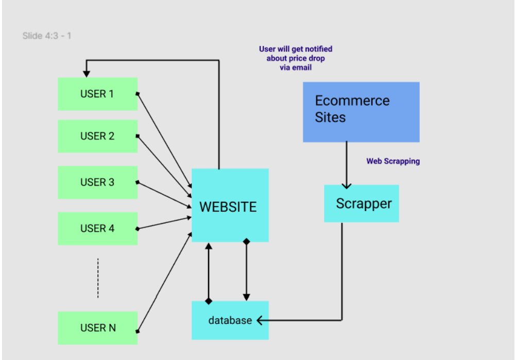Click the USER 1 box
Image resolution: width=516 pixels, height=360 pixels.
click(97, 94)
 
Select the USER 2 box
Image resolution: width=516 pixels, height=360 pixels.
click(97, 136)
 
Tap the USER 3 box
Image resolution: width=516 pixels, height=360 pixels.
click(97, 182)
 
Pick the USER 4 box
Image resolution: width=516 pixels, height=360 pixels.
click(97, 228)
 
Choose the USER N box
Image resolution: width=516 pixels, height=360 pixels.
click(97, 328)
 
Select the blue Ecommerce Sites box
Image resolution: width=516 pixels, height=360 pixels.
click(361, 112)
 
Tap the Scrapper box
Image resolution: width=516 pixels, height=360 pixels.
click(361, 203)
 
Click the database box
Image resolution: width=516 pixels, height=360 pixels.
click(230, 320)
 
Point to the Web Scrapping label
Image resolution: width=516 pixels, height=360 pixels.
click(393, 161)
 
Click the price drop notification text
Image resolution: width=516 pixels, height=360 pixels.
click(296, 58)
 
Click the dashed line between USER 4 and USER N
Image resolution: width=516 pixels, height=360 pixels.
click(98, 278)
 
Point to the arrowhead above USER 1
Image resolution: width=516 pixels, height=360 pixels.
click(87, 74)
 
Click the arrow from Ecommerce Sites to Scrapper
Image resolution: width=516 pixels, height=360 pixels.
click(347, 165)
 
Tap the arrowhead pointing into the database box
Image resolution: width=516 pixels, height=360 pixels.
click(260, 320)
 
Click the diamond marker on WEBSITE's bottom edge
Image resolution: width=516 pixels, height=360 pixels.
click(246, 242)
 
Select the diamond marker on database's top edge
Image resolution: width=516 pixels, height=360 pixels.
click(209, 301)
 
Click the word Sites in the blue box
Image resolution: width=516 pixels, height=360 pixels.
click(330, 117)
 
